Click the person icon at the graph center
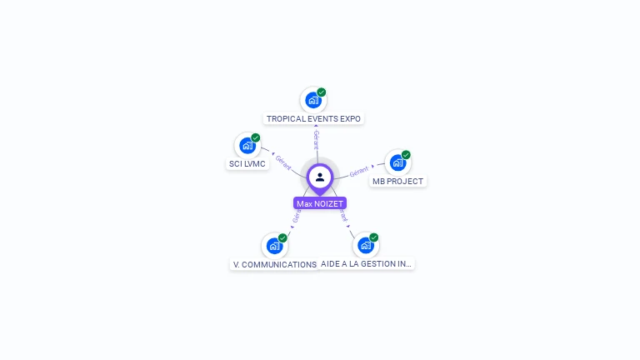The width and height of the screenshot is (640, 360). pos(320,177)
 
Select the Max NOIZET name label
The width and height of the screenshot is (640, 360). pos(320,203)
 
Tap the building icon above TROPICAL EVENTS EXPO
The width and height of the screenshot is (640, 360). pos(313,100)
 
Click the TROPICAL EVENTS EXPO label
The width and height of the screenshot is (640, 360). pos(313,119)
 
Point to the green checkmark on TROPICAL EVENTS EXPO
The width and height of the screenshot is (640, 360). pos(322,92)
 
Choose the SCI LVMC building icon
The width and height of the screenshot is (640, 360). pos(247,146)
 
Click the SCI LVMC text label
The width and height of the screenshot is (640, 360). pos(247,164)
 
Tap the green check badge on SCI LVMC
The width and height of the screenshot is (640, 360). pos(256,137)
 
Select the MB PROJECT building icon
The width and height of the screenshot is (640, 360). pos(397,162)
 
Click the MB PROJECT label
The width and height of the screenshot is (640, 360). pos(397,182)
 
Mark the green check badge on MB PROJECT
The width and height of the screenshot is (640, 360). pos(406,155)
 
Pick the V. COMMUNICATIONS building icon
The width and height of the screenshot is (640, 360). pos(274,246)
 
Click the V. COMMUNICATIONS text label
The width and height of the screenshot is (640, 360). pos(274,265)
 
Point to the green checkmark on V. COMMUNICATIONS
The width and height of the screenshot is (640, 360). pos(282,238)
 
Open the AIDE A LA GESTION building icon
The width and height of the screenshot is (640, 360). pos(365,245)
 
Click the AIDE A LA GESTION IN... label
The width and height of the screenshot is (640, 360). pos(367,264)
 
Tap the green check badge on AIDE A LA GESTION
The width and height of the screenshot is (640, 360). pos(373,237)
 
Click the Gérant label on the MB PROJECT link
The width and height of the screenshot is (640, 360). pos(359,171)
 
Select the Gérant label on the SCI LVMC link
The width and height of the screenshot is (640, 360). pos(283,162)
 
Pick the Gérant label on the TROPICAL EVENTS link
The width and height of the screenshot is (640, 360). pos(316,139)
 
